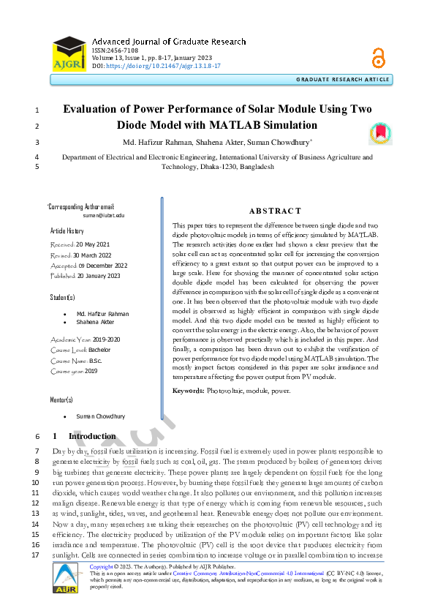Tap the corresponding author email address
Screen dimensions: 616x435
click(x=104, y=217)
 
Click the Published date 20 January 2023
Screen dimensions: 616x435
click(x=96, y=276)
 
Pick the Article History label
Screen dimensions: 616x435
click(x=68, y=230)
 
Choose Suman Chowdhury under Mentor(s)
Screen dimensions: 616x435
click(x=102, y=416)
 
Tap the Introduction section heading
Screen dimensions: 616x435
click(x=97, y=437)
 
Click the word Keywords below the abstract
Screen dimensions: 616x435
click(x=188, y=391)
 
